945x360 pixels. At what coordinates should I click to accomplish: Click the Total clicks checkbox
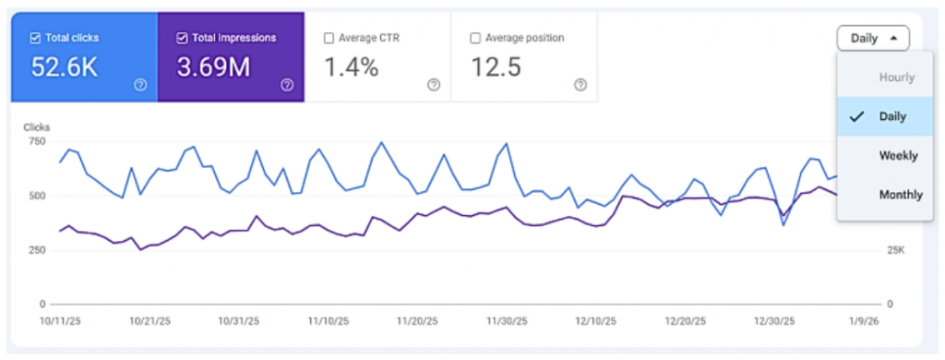pos(35,38)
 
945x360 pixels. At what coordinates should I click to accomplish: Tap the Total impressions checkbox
pos(182,38)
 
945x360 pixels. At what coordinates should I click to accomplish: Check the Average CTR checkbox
pos(329,38)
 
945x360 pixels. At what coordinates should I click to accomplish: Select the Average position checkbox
pos(475,38)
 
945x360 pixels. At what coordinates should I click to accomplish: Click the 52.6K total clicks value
pos(66,67)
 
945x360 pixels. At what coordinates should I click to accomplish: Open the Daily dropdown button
pos(872,38)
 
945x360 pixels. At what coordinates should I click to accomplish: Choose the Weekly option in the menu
pos(898,155)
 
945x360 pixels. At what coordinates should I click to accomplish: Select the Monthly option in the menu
pos(898,194)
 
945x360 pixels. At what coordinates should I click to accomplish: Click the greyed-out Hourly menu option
pos(896,78)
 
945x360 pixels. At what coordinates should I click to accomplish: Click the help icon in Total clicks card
pos(140,84)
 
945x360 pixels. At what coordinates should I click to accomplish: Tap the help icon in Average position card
pos(580,84)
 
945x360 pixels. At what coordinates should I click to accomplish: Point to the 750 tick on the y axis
pos(37,141)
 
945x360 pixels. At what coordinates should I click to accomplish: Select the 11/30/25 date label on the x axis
pos(505,322)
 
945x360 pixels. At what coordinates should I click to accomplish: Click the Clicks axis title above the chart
pos(38,126)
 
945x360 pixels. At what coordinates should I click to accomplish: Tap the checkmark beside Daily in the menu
pos(856,116)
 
